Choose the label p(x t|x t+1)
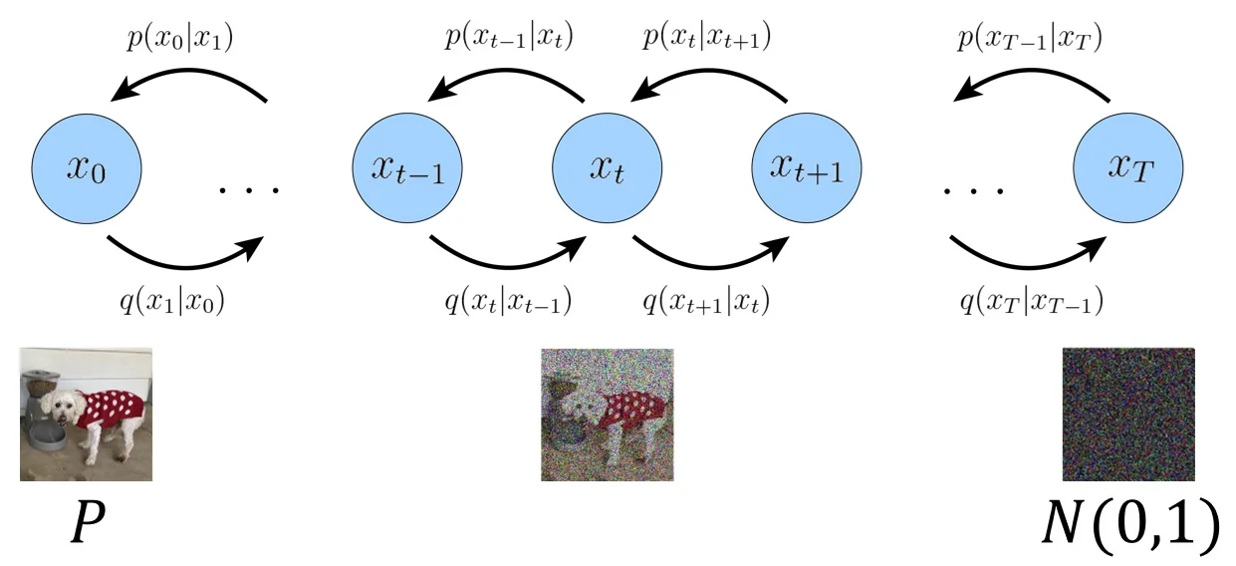(x=708, y=42)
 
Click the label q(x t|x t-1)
(x=508, y=298)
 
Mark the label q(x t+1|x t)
(x=708, y=298)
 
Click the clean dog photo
(x=87, y=414)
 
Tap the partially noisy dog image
(x=607, y=414)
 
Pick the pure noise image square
(x=1128, y=414)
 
